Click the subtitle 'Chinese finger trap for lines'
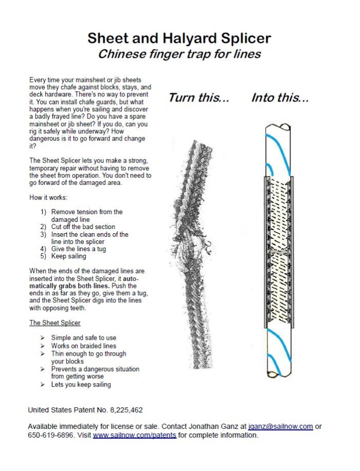179,53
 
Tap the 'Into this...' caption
280,98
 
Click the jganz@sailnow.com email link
280,427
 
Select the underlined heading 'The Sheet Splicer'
55,323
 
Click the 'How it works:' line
46,197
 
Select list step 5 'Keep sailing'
69,256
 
